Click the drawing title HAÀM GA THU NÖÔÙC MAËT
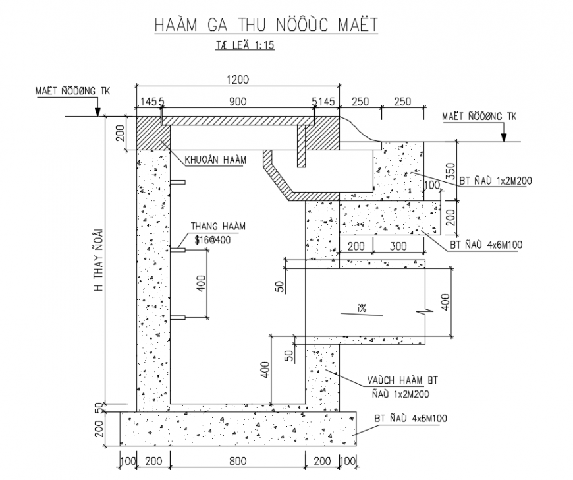point(266,25)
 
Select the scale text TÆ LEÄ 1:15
point(244,45)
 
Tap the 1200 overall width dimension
point(238,79)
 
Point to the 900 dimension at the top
point(238,102)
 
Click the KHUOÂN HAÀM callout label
point(215,160)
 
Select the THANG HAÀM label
point(218,226)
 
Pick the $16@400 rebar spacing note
point(213,240)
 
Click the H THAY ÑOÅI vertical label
point(99,260)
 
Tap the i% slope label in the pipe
point(362,309)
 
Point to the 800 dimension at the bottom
point(238,461)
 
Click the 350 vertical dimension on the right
point(451,171)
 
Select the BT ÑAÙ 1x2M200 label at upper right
point(495,181)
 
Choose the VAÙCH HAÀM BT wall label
point(402,380)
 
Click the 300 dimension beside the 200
point(398,246)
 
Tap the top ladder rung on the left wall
point(178,182)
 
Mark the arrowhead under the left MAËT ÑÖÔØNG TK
point(97,112)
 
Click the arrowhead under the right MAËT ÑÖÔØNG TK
point(504,137)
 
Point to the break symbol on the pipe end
point(425,312)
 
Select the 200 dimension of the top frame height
point(121,133)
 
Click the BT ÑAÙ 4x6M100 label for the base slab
point(411,418)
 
